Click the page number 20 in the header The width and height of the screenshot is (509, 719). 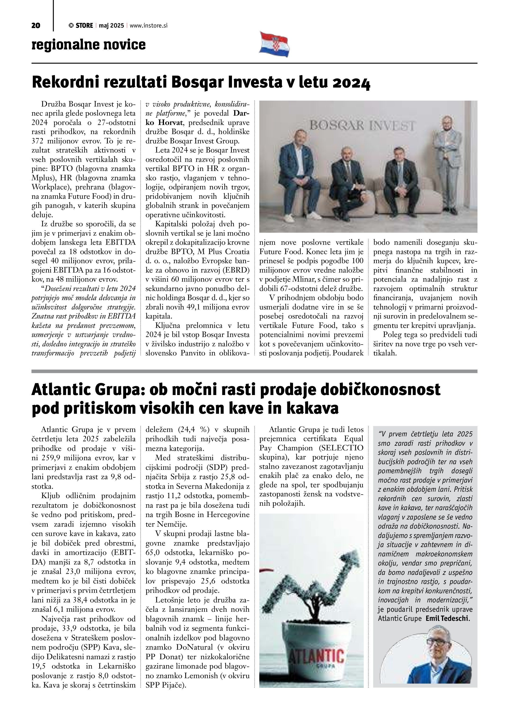(36, 26)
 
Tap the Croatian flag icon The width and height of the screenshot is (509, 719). (274, 45)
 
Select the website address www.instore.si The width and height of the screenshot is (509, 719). (148, 26)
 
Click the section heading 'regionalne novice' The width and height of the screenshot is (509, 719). (89, 45)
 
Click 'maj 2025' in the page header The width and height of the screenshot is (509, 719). (111, 26)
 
